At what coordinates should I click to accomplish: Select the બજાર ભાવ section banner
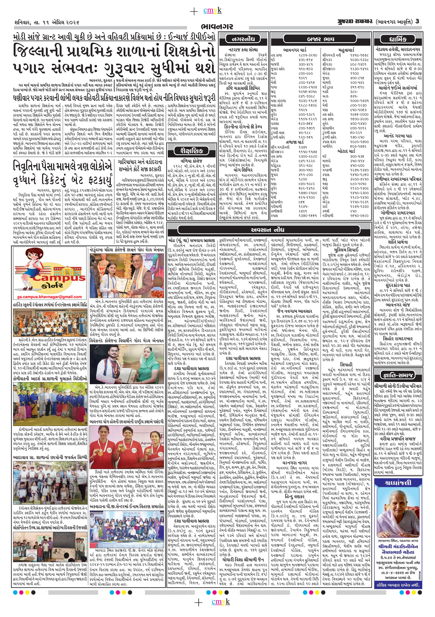[x=321, y=39]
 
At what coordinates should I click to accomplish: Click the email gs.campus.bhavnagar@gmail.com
[x=49, y=297]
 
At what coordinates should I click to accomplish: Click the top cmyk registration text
[x=212, y=11]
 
